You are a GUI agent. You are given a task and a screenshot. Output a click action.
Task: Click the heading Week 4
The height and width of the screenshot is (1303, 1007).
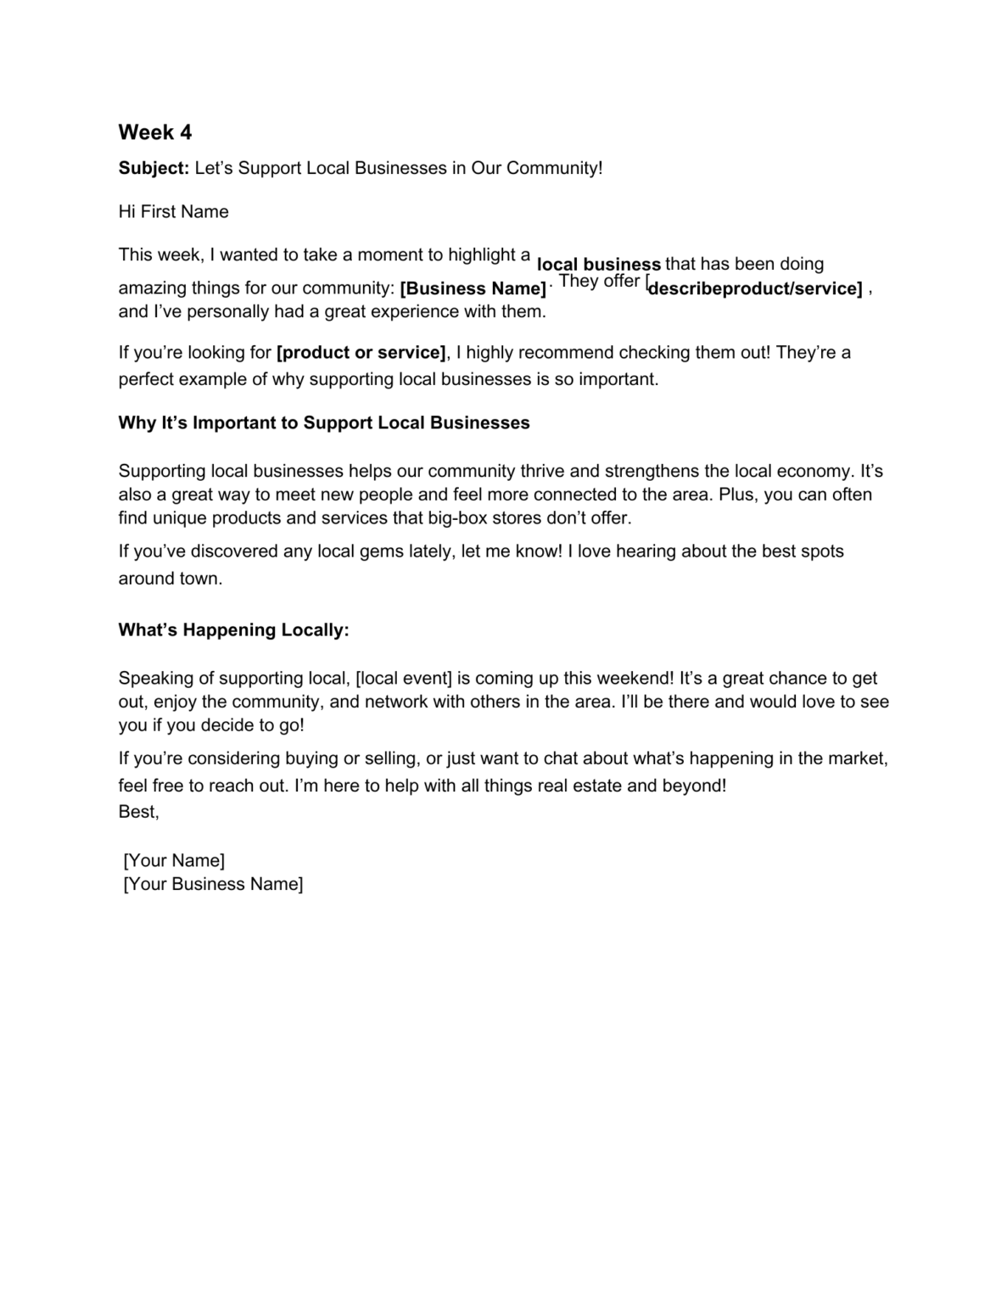click(x=155, y=132)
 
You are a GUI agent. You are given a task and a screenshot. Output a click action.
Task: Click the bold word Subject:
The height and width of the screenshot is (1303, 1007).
click(x=154, y=168)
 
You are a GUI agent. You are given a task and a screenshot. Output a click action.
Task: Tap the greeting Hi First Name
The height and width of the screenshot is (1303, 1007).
click(x=173, y=212)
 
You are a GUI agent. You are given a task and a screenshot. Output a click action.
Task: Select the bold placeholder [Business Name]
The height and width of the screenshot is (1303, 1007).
click(x=473, y=288)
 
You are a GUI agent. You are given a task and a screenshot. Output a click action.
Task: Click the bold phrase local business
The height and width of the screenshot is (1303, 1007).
click(x=599, y=265)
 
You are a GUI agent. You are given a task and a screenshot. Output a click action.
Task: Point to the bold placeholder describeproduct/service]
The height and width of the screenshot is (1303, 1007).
click(x=754, y=288)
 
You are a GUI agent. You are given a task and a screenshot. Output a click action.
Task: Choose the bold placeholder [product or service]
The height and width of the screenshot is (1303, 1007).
click(x=361, y=353)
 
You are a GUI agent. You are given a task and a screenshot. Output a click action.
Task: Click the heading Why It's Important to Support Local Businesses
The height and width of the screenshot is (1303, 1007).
click(x=324, y=423)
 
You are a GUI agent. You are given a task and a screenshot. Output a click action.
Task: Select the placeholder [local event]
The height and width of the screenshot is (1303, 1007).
click(x=404, y=679)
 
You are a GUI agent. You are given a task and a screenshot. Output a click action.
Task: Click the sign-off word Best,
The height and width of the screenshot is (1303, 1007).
click(x=138, y=812)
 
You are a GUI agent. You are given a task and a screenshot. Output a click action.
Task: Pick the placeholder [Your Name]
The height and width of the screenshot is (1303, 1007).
click(x=174, y=861)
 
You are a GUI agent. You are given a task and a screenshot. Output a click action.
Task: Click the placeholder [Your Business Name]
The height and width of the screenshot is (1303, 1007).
click(x=213, y=885)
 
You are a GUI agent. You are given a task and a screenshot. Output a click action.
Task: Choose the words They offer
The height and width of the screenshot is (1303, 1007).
click(x=600, y=282)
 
